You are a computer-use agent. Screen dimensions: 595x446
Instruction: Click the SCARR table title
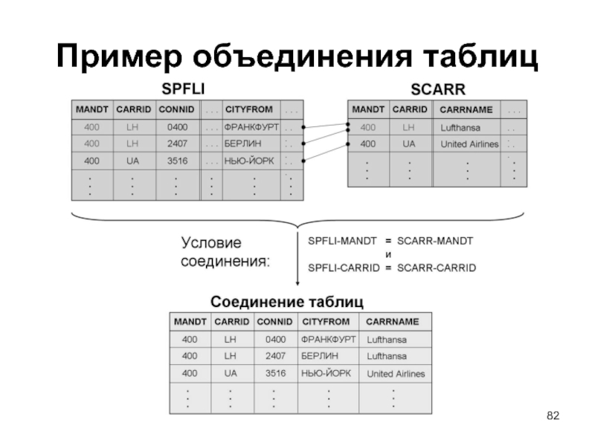pyautogui.click(x=438, y=90)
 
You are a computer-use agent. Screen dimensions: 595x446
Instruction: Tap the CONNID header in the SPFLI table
pyautogui.click(x=176, y=109)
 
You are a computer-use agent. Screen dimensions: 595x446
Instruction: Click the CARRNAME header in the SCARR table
pyautogui.click(x=466, y=109)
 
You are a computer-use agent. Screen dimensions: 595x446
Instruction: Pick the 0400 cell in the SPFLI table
pyautogui.click(x=176, y=126)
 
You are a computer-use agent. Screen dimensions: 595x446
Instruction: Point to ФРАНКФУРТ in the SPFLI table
pyautogui.click(x=251, y=126)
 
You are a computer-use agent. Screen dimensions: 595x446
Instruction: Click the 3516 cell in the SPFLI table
pyautogui.click(x=176, y=160)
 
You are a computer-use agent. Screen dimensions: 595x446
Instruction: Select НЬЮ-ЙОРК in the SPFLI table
pyautogui.click(x=249, y=160)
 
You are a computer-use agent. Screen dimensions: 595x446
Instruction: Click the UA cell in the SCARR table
pyautogui.click(x=409, y=143)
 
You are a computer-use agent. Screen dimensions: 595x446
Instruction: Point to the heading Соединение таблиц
pyautogui.click(x=287, y=302)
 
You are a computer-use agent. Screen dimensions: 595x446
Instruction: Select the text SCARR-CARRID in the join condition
pyautogui.click(x=437, y=267)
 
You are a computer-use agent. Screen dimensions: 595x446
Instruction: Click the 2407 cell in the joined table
pyautogui.click(x=275, y=356)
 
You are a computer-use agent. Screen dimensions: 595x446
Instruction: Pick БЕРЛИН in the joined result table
pyautogui.click(x=320, y=356)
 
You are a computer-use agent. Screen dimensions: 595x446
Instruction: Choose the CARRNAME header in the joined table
pyautogui.click(x=393, y=322)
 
